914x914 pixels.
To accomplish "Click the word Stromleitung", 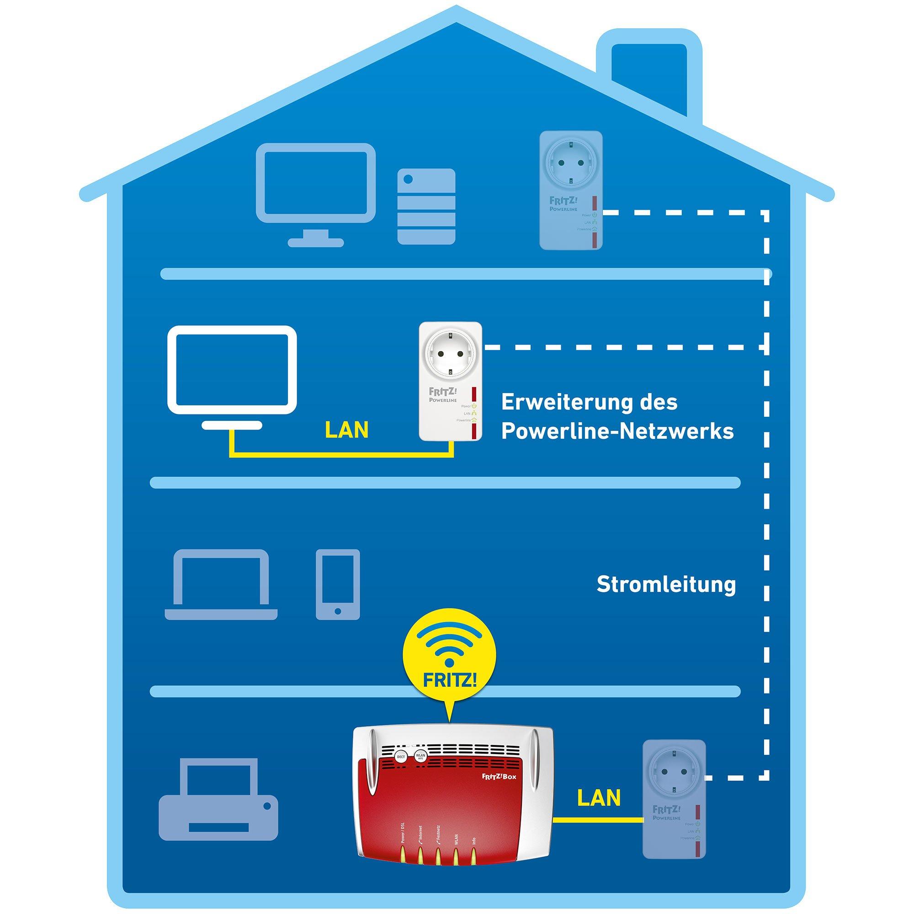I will pyautogui.click(x=666, y=585).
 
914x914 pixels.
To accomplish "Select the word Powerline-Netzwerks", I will pyautogui.click(x=617, y=431).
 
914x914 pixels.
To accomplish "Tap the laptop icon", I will pyautogui.click(x=221, y=585).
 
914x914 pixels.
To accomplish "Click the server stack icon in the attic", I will pyautogui.click(x=426, y=207).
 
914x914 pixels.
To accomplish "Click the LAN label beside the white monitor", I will pyautogui.click(x=347, y=430).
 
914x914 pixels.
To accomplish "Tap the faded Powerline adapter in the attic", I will pyautogui.click(x=571, y=191).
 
